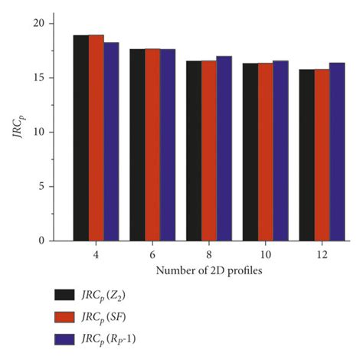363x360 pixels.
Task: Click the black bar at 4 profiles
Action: [x=81, y=138]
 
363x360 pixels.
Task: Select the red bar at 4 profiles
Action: [x=96, y=138]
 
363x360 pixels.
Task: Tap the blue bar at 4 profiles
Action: [x=112, y=142]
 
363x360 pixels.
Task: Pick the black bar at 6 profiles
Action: [x=137, y=145]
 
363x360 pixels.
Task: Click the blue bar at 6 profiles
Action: [x=168, y=145]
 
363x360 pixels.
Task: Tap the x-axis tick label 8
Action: [x=209, y=254]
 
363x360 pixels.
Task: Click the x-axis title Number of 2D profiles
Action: [x=208, y=270]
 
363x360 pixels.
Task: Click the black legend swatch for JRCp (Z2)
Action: [x=65, y=294]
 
